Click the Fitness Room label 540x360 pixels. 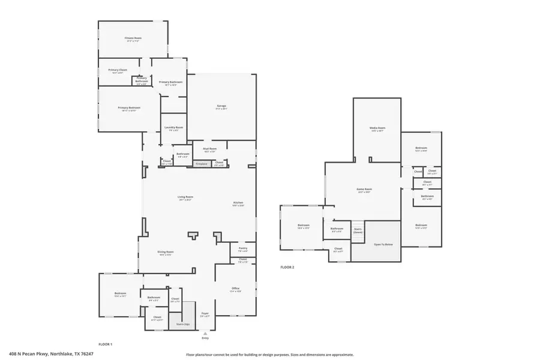tap(132, 38)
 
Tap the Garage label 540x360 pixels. tap(221, 106)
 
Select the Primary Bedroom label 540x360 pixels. tap(129, 108)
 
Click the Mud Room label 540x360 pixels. tap(209, 148)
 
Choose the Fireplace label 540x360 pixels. tap(201, 163)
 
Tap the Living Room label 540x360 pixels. tap(185, 197)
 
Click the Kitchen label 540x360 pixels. tap(238, 203)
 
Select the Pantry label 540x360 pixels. tap(242, 248)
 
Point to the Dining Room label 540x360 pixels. tap(165, 252)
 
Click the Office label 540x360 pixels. tap(235, 289)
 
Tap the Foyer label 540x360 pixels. tap(205, 313)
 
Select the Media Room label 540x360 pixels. tap(377, 128)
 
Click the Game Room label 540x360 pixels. tap(364, 190)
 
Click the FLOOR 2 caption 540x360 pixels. tap(287, 267)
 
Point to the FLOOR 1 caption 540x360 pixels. tap(106, 344)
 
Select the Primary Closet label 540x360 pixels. tap(118, 70)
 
